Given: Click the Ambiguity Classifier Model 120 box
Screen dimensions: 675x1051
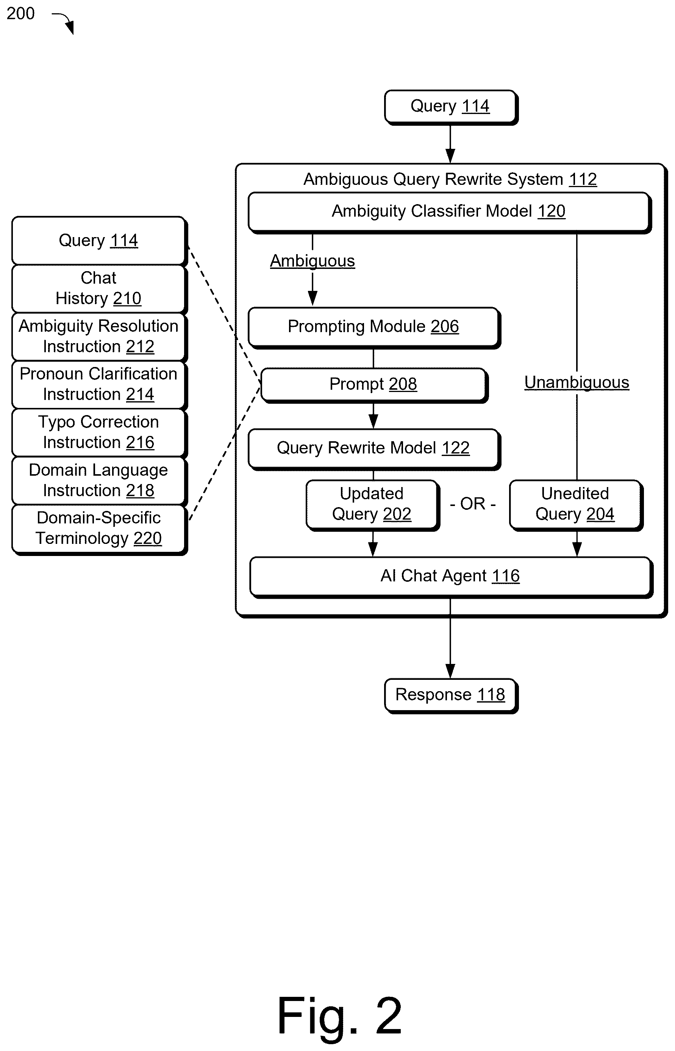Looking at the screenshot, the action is pos(449,212).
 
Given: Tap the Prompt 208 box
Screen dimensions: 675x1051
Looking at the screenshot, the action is pos(374,385).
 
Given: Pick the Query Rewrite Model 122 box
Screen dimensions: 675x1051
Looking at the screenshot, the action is pos(374,449).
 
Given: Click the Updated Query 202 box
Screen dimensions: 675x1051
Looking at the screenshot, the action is pos(373,505).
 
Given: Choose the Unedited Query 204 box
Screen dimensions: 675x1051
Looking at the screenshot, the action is pos(576,505).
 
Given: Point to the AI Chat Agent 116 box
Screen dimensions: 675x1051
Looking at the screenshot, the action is pos(451,577).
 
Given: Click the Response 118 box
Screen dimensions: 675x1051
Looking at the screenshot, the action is pos(451,695).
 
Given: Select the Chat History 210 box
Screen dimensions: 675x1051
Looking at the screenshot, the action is pos(99,289).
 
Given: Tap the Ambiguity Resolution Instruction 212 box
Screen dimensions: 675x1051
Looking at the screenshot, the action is pos(99,337).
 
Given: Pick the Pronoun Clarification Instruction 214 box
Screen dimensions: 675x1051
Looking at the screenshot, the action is pos(99,385).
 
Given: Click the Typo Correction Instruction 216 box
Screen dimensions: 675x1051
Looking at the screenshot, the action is pos(99,433).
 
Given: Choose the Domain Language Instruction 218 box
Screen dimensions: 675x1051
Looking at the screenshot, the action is pos(99,481).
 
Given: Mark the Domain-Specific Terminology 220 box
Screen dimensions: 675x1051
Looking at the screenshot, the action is pos(99,529).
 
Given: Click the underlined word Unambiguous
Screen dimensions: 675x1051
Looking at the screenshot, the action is pos(577,383).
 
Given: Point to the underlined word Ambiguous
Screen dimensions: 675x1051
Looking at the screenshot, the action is pos(312,261).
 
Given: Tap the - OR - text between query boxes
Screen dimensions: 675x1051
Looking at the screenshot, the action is pos(473,504).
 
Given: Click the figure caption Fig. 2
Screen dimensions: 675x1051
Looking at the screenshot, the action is pos(340,1015).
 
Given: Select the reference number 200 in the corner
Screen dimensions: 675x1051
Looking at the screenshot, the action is pos(20,14).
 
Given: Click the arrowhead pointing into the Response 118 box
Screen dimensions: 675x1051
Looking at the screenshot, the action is pos(450,671).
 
